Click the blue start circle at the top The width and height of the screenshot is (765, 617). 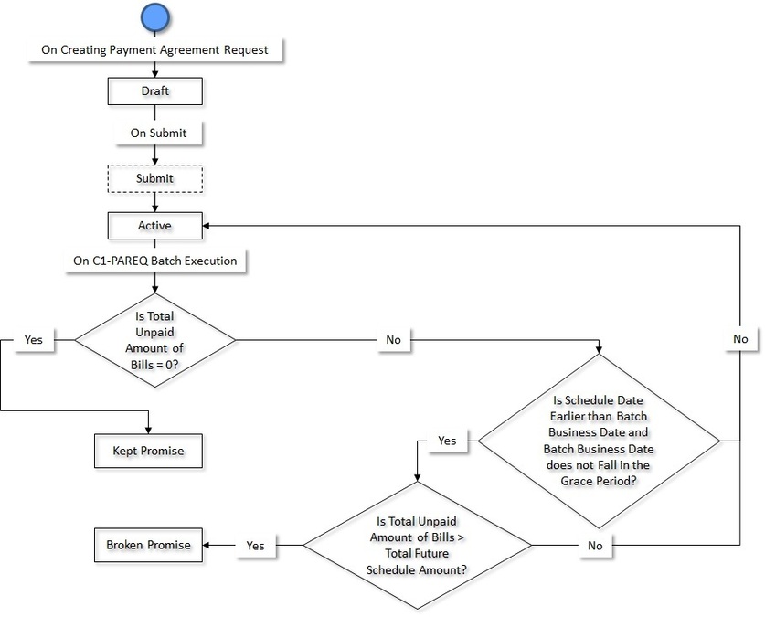click(156, 16)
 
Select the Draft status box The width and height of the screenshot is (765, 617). click(154, 91)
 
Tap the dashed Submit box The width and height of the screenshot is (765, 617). click(154, 178)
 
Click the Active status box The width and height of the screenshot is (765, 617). click(154, 224)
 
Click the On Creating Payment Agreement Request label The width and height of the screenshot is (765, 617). click(155, 49)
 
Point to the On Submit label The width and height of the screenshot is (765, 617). click(157, 133)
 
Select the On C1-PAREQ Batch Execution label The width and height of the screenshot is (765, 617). click(155, 261)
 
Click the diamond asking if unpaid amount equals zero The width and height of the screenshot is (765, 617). click(154, 339)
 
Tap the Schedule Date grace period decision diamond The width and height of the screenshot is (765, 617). click(600, 441)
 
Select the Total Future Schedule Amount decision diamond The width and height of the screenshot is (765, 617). click(417, 545)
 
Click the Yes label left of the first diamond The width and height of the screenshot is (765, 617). click(33, 339)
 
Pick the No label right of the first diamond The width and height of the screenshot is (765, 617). click(394, 339)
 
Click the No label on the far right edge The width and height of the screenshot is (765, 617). click(740, 338)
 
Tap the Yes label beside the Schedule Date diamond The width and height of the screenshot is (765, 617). click(447, 441)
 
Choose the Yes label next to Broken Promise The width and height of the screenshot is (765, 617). click(255, 545)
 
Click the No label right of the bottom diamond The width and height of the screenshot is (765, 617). click(595, 545)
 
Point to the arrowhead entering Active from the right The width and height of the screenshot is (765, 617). click(207, 224)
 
